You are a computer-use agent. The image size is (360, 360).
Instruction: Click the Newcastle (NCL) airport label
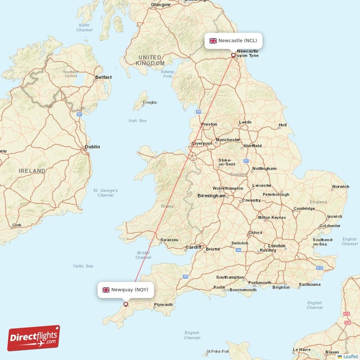[x=234, y=40]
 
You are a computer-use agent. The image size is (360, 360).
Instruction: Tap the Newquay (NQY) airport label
[x=126, y=290]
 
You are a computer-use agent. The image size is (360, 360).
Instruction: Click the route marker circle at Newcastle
[x=233, y=56]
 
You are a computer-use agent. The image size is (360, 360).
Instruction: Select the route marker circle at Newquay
[x=126, y=305]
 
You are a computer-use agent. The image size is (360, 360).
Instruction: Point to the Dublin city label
[x=93, y=147]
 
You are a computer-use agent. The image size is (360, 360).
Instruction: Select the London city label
[x=277, y=246]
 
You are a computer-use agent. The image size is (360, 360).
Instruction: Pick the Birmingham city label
[x=211, y=196]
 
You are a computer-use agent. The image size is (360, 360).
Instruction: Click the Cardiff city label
[x=193, y=247]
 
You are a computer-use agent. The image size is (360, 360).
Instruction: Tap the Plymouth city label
[x=163, y=305]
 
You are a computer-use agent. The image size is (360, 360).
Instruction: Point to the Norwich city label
[x=340, y=186]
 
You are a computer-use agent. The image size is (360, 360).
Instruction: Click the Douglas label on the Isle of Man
[x=150, y=103]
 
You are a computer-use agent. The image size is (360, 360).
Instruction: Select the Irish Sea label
[x=137, y=121]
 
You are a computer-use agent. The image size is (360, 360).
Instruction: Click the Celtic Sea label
[x=83, y=266]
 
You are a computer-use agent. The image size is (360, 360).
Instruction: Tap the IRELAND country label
[x=32, y=171]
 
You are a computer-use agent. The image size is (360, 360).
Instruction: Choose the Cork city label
[x=17, y=225]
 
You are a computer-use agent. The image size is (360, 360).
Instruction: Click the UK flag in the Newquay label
[x=106, y=290]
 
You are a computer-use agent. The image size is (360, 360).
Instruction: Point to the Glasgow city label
[x=161, y=4]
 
